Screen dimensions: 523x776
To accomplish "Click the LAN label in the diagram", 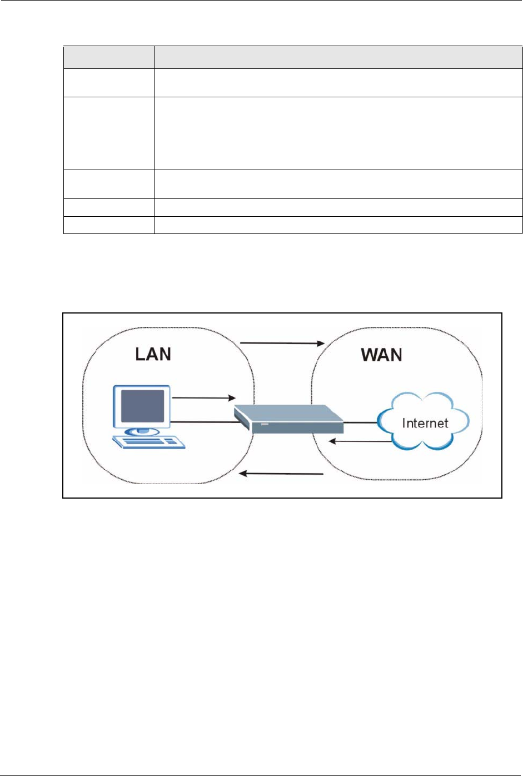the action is point(153,354).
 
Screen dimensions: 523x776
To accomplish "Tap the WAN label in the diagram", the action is point(382,355).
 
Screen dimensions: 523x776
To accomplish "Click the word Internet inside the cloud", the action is point(425,423).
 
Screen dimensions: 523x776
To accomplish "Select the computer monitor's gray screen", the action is point(143,406).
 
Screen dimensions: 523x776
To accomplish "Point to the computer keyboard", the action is point(148,442).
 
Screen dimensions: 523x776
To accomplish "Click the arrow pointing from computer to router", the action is point(204,398).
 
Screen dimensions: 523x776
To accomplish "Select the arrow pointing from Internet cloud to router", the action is point(360,442).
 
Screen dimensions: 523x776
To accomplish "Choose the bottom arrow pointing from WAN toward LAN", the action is point(281,474).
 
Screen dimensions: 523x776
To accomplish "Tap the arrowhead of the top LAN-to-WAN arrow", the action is point(321,343).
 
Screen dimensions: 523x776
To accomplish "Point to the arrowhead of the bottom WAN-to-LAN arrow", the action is point(242,474).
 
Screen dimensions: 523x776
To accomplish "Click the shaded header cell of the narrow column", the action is point(108,57).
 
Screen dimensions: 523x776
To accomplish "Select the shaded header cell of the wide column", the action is point(338,57).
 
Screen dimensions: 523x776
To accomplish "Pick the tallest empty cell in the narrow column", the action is point(108,133).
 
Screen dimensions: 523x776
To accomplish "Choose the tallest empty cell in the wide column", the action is point(338,133).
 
